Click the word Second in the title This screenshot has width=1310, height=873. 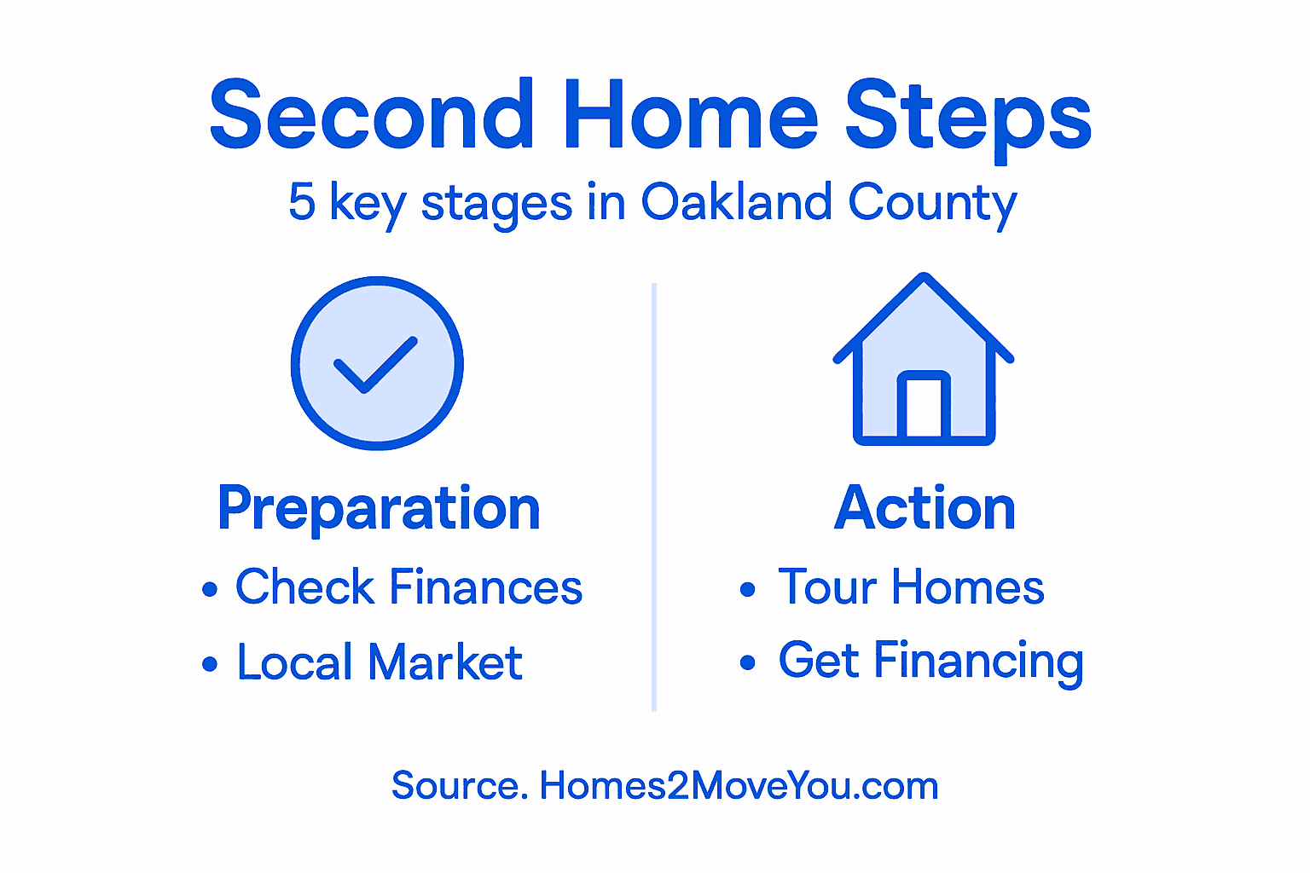(372, 115)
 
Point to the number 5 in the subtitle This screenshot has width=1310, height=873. (302, 202)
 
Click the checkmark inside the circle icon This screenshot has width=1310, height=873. (375, 364)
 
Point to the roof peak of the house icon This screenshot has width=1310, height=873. (924, 280)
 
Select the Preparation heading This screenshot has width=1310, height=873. (379, 509)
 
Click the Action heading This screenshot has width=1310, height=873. (925, 508)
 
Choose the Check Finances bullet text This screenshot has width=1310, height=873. (409, 587)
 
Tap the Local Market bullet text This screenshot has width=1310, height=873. (380, 662)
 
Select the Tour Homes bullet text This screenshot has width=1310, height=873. (911, 587)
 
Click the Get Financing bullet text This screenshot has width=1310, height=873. (930, 661)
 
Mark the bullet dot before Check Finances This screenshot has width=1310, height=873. (210, 589)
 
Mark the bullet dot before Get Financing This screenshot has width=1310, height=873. (748, 662)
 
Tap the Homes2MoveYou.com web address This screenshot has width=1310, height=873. (739, 785)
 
